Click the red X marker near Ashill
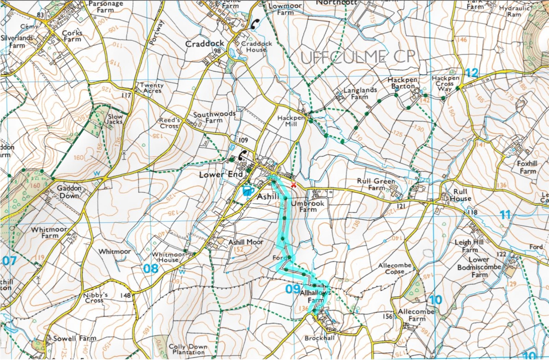293,185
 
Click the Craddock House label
256,47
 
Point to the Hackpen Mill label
291,121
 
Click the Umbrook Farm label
307,206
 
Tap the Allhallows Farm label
315,297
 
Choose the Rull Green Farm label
376,184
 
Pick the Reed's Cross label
170,123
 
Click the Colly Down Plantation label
188,349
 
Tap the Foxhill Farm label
527,167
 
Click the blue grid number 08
151,268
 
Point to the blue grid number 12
472,73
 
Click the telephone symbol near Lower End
242,155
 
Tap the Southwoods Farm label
214,117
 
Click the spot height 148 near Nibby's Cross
126,295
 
